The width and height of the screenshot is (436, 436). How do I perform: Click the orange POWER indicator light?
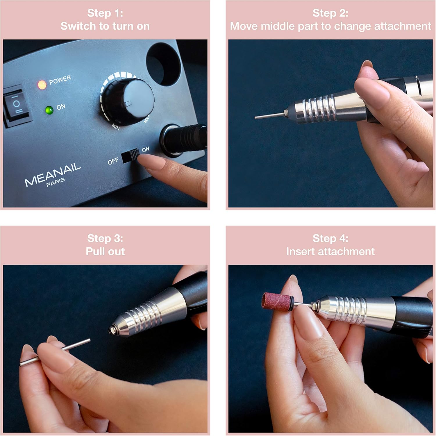pyautogui.click(x=42, y=85)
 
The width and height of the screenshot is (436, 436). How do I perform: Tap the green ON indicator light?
pyautogui.click(x=49, y=110)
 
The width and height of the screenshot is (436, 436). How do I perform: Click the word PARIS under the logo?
pyautogui.click(x=56, y=182)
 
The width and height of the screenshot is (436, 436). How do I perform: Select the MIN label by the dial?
pyautogui.click(x=116, y=126)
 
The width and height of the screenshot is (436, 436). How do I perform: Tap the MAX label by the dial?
pyautogui.click(x=147, y=119)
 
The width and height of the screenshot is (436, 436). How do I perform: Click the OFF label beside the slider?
pyautogui.click(x=113, y=161)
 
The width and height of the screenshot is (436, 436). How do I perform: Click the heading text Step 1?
pyautogui.click(x=105, y=13)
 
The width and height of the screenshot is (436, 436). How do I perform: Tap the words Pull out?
pyautogui.click(x=105, y=251)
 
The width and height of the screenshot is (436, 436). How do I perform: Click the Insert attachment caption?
pyautogui.click(x=330, y=251)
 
